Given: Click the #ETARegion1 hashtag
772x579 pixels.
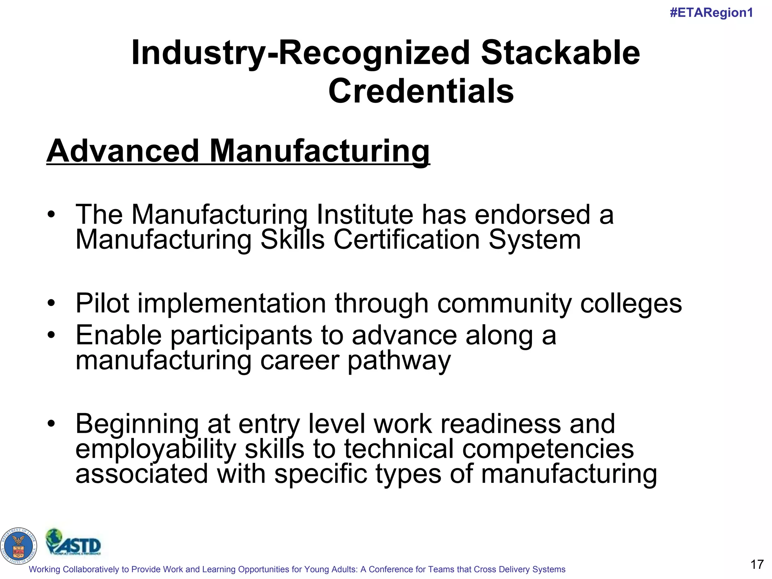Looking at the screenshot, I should pyautogui.click(x=711, y=13).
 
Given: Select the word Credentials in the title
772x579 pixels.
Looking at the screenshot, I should pyautogui.click(x=421, y=91).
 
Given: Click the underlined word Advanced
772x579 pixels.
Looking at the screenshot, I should pyautogui.click(x=123, y=151).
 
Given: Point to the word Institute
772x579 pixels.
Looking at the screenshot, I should pyautogui.click(x=365, y=214).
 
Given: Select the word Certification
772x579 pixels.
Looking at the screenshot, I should pyautogui.click(x=406, y=239).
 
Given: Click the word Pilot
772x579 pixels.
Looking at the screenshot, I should pyautogui.click(x=103, y=303).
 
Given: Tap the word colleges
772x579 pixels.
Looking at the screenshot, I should pyautogui.click(x=631, y=303).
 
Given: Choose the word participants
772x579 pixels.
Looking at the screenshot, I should pyautogui.click(x=241, y=335).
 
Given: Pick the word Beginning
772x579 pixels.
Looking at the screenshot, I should pyautogui.click(x=137, y=424).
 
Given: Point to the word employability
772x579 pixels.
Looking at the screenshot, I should pyautogui.click(x=156, y=449).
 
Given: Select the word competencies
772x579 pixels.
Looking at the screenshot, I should pyautogui.click(x=548, y=449).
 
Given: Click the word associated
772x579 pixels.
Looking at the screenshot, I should pyautogui.click(x=142, y=474).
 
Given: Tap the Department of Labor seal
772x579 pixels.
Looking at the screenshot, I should pyautogui.click(x=18, y=546).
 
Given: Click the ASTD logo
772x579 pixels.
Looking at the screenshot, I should pyautogui.click(x=74, y=543).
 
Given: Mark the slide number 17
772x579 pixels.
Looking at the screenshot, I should pyautogui.click(x=757, y=564).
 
